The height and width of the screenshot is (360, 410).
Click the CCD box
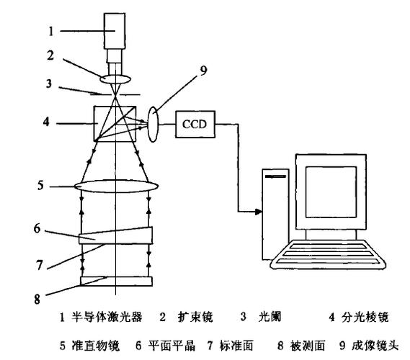tap(195, 124)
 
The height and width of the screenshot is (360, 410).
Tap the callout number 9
tap(203, 71)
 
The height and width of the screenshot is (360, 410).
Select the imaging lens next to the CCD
tap(153, 125)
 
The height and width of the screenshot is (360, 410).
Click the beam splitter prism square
tap(115, 124)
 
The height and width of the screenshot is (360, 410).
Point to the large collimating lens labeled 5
tap(116, 186)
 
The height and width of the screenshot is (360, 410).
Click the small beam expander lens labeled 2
tap(115, 79)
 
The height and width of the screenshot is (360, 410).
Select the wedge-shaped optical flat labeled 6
tap(116, 235)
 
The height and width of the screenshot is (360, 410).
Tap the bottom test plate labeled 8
tap(116, 282)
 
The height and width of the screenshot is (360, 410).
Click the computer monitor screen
tap(331, 192)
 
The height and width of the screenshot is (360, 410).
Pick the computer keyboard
tap(329, 255)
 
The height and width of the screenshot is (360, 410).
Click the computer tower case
tap(275, 215)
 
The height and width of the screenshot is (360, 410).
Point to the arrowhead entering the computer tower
tap(259, 212)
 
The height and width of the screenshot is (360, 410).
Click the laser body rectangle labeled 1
tap(115, 31)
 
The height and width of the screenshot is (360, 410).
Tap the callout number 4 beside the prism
tap(46, 122)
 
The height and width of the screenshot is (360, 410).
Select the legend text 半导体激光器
tap(107, 317)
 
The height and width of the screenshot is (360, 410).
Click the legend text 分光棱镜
tap(365, 317)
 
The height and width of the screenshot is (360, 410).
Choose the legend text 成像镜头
tap(375, 346)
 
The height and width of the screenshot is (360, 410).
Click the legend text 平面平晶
tap(171, 346)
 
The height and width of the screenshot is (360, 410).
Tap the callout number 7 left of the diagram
tap(39, 265)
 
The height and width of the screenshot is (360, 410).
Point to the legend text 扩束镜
tap(195, 317)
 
